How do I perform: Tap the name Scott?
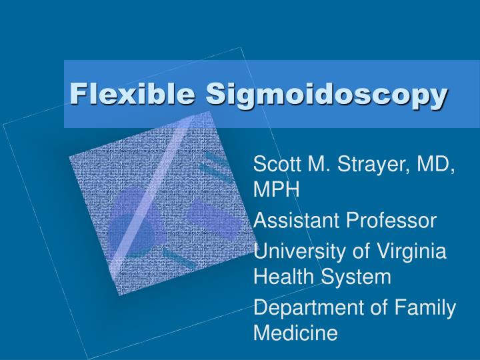276,164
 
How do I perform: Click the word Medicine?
295,333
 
